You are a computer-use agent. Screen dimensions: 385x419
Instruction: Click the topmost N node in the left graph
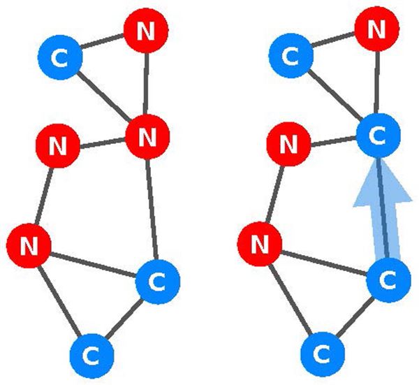tap(145, 30)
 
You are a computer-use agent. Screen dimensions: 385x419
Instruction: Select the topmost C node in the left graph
tap(61, 56)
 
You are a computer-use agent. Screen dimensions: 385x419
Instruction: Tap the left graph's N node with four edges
tap(147, 136)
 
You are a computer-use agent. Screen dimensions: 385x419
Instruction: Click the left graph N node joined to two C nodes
tap(29, 245)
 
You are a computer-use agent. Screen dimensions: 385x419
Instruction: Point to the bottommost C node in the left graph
tap(91, 355)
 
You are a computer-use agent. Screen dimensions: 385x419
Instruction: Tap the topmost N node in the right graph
tap(376, 30)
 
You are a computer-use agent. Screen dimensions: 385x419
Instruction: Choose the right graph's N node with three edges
tap(259, 245)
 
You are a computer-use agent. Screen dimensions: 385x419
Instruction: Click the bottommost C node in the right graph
tap(321, 355)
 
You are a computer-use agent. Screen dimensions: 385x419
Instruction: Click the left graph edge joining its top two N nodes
tap(147, 83)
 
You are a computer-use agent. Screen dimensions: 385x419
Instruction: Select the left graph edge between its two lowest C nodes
tap(125, 318)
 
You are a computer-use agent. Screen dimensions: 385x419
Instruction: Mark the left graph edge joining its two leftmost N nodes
tap(43, 196)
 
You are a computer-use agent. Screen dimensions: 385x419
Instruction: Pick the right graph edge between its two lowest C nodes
tap(355, 318)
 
